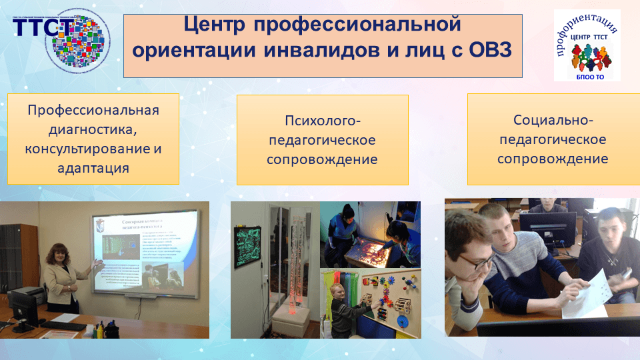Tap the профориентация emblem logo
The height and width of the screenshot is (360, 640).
coord(587,45)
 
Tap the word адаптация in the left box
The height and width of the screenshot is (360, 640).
coord(93,167)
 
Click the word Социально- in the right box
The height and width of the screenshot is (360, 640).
coord(553,121)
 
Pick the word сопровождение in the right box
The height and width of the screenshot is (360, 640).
coord(553,159)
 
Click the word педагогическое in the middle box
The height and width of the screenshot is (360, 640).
coord(323,141)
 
